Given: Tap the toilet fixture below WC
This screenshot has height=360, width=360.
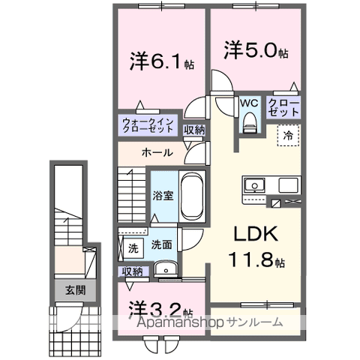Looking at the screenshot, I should (x=250, y=120).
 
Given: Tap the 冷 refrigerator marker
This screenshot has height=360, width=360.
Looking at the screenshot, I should (x=287, y=136).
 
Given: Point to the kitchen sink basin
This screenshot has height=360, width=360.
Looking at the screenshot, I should (x=252, y=184).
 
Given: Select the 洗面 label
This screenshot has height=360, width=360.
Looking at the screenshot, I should (x=161, y=244).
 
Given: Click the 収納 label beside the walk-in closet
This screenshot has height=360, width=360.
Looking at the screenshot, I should (x=194, y=130).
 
